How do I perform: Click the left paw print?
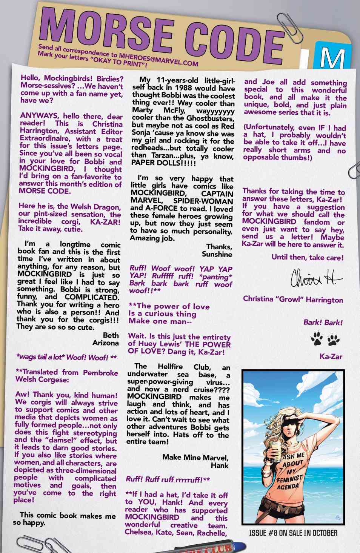point(316,340)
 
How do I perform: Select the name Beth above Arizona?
point(111,335)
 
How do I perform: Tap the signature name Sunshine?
point(217,254)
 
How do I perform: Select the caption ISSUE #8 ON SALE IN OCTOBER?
point(293,533)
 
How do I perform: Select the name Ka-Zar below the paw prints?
point(331,356)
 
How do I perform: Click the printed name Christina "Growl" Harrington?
point(293,300)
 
